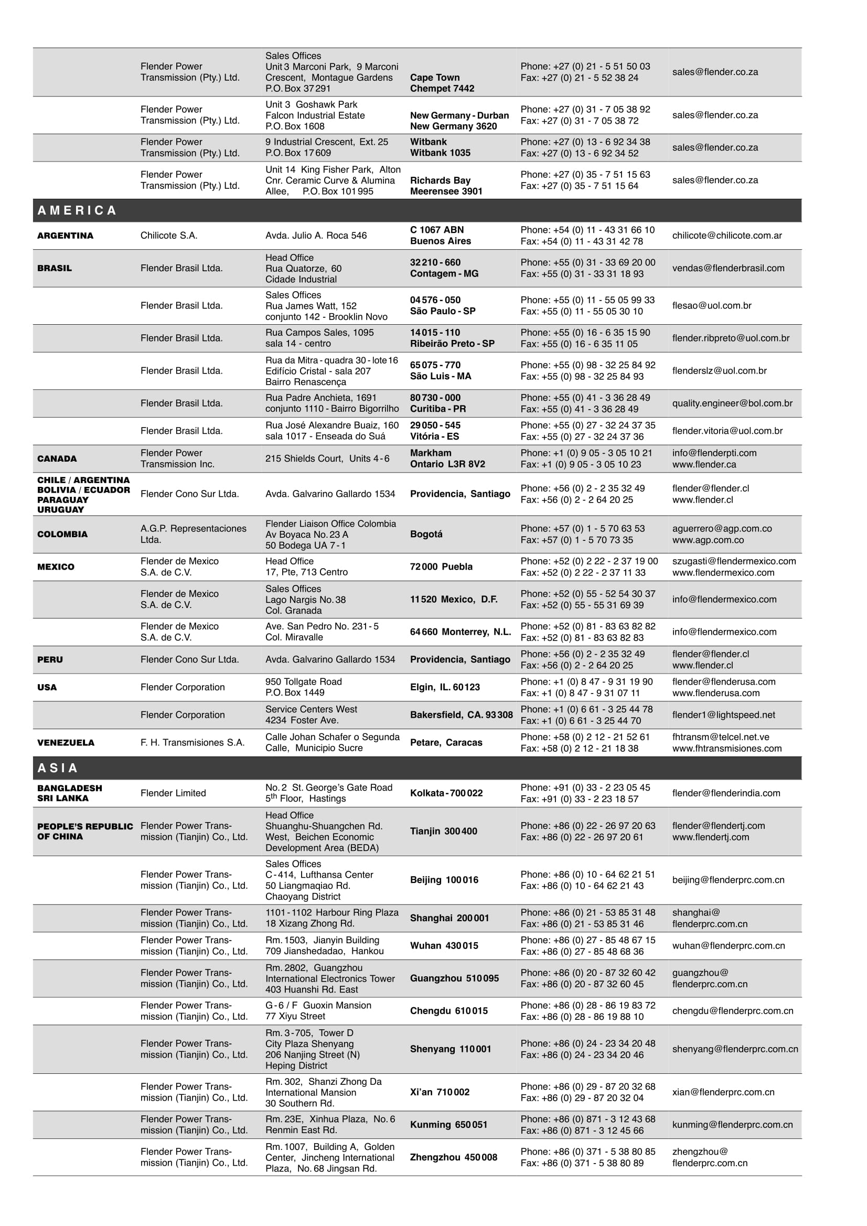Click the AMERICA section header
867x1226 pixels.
(x=77, y=210)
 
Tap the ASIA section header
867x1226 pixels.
(x=58, y=768)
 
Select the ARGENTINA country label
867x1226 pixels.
(x=65, y=236)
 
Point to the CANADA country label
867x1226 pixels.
(x=57, y=459)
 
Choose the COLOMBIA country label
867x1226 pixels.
(x=62, y=534)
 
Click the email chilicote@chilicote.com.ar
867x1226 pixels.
(x=726, y=236)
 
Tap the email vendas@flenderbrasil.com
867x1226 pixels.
(x=728, y=268)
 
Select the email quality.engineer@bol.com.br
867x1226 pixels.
(x=732, y=403)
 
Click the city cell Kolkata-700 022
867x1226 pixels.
(x=446, y=793)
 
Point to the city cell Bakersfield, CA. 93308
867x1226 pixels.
(x=461, y=715)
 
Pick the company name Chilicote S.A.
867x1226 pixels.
(x=169, y=236)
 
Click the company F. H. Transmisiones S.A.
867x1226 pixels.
(x=192, y=742)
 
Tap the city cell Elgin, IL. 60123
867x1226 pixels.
(x=445, y=687)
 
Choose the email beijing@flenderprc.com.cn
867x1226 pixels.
(x=728, y=879)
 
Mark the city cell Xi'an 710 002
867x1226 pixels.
(x=440, y=1092)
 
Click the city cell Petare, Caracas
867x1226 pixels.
(x=446, y=742)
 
